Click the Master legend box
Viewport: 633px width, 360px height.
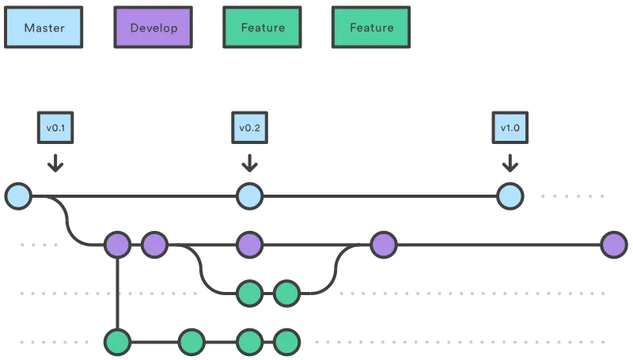point(44,28)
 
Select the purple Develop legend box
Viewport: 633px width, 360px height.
point(154,28)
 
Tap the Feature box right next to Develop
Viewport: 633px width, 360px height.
point(263,28)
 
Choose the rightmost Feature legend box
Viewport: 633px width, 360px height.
point(371,28)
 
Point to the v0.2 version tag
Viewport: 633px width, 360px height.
point(249,127)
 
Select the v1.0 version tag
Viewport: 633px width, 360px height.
point(510,127)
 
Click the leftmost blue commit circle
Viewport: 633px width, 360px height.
point(17,195)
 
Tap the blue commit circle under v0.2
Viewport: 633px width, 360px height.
point(249,195)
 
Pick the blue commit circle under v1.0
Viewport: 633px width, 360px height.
point(510,195)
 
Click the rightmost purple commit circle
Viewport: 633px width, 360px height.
point(613,245)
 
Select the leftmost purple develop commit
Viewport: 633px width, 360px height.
point(117,245)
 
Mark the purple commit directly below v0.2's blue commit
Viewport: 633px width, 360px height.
point(249,245)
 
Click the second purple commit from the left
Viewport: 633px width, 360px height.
point(154,245)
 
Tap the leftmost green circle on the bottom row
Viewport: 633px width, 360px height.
point(117,343)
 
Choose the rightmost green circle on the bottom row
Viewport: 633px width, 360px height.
point(286,343)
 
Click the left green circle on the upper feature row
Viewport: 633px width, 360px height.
point(249,294)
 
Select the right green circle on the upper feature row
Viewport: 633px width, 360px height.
point(286,294)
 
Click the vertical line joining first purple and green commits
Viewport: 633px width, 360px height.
point(117,294)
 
